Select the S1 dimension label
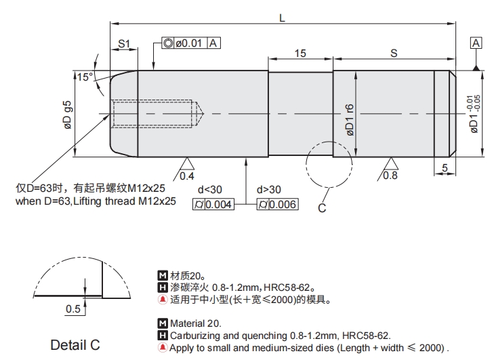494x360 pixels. (x=124, y=43)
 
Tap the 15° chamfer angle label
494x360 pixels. (x=84, y=77)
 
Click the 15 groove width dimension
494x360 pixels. (x=300, y=53)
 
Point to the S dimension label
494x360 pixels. (x=394, y=53)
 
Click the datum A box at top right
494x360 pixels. (x=476, y=43)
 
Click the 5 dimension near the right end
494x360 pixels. (x=444, y=167)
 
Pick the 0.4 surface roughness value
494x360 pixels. (x=187, y=176)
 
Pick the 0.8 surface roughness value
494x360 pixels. (x=390, y=176)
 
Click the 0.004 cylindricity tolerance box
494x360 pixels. (x=219, y=205)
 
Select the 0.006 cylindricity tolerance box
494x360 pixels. (x=283, y=205)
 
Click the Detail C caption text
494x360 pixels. (x=75, y=344)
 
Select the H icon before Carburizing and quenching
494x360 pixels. (x=161, y=335)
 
